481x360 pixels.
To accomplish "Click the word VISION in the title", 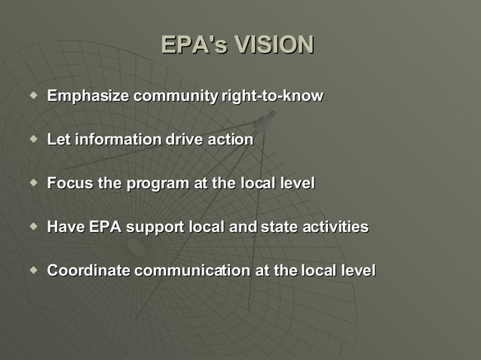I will pyautogui.click(x=274, y=45).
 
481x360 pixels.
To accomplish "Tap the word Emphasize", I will pyautogui.click(x=89, y=96).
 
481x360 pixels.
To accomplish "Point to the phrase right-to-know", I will pyautogui.click(x=272, y=96).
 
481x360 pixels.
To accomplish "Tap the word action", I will pyautogui.click(x=230, y=140).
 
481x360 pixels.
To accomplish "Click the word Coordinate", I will pyautogui.click(x=89, y=270).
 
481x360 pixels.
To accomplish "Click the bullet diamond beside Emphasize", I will pyautogui.click(x=32, y=96).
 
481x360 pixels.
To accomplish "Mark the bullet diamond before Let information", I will pyautogui.click(x=32, y=139).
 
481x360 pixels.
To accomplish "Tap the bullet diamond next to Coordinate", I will pyautogui.click(x=32, y=270).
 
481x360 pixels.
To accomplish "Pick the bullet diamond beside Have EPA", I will pyautogui.click(x=32, y=226).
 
